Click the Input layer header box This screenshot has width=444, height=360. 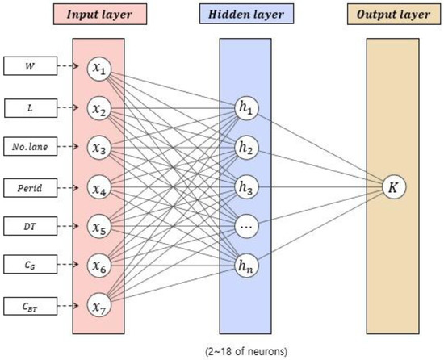[x=98, y=14]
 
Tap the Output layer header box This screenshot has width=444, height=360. [x=395, y=14]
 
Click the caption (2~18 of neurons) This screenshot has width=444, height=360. [x=247, y=350]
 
